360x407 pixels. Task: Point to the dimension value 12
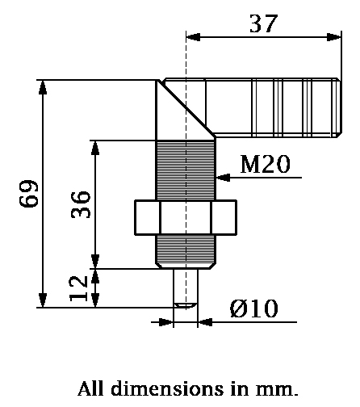(x=80, y=288)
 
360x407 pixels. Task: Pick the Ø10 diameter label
(x=253, y=308)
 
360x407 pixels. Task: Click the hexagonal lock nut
(x=186, y=217)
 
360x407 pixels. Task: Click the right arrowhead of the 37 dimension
(x=333, y=36)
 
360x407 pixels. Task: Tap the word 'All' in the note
(x=91, y=388)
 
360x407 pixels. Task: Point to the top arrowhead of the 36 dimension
(x=96, y=145)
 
